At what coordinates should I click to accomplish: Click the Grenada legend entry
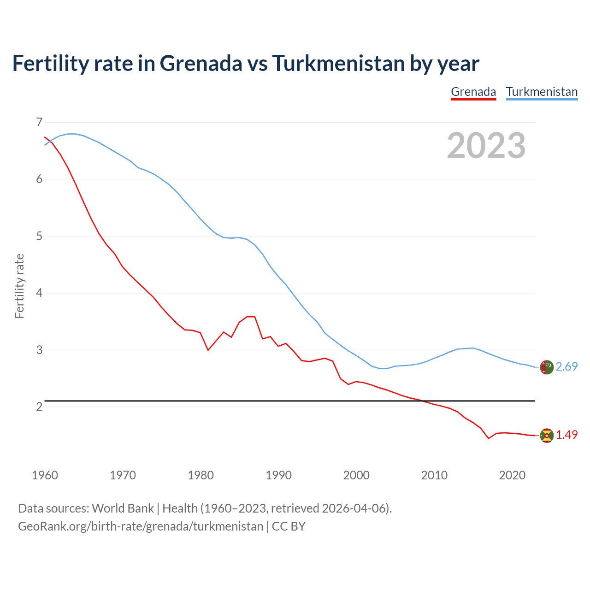click(x=473, y=92)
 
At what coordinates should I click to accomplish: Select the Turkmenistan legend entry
click(x=542, y=92)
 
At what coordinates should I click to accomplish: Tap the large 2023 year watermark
click(x=486, y=146)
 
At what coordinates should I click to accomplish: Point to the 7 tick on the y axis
click(x=39, y=122)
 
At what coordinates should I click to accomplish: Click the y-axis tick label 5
click(x=39, y=236)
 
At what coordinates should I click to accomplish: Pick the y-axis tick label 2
click(x=39, y=407)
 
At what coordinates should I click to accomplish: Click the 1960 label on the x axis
click(x=45, y=475)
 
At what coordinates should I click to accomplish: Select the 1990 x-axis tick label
click(x=278, y=475)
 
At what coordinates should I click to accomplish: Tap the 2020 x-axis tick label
click(x=512, y=475)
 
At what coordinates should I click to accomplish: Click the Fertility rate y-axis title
click(x=19, y=286)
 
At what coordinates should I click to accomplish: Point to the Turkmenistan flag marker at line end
click(x=547, y=367)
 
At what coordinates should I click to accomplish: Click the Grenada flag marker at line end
click(x=547, y=436)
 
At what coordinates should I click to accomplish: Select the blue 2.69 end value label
click(x=566, y=366)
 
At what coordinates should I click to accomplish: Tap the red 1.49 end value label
click(x=566, y=435)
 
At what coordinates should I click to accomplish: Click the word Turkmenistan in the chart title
click(x=338, y=63)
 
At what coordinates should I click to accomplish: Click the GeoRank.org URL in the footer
click(x=141, y=526)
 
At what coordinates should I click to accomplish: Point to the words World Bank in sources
click(x=123, y=508)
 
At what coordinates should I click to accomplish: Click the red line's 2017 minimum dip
click(x=489, y=438)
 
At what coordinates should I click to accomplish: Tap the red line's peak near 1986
click(x=251, y=317)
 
